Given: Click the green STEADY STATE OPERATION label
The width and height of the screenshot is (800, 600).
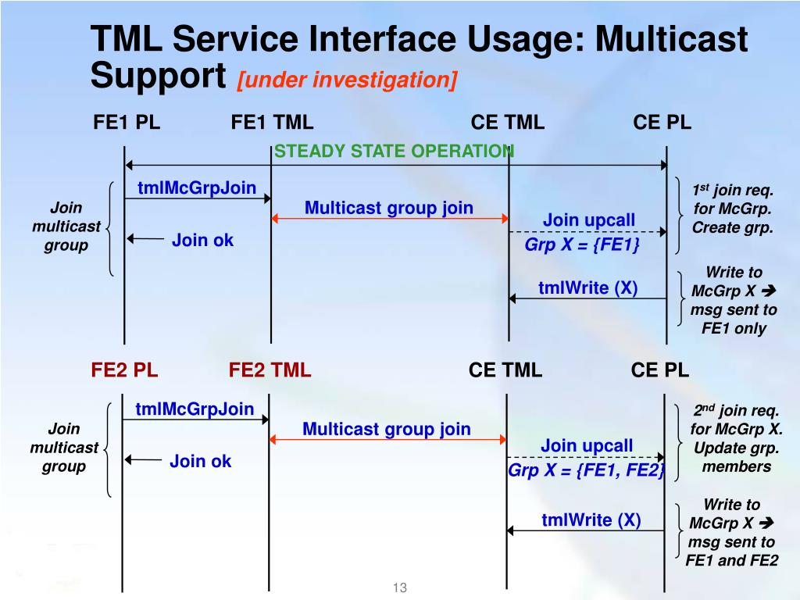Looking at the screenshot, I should [394, 151].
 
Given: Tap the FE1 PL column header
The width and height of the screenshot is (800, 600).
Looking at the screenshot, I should [127, 123].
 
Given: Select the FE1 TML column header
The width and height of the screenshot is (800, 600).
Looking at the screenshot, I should [272, 123].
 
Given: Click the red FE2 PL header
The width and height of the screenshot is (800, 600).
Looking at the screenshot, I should [124, 370].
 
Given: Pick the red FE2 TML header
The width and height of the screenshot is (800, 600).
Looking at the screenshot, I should [270, 370].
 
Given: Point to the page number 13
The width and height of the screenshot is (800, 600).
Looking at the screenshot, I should [400, 588].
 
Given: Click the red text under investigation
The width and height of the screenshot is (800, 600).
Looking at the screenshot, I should [348, 80].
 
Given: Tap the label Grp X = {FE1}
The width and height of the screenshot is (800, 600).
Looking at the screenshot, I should [582, 245].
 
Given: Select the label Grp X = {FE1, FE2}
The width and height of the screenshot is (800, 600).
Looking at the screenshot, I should [586, 470].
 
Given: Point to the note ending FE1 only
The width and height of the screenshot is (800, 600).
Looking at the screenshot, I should [734, 300].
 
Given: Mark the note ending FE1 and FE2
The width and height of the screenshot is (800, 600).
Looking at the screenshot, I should [732, 533].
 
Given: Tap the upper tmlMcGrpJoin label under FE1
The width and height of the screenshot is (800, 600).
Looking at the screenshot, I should [197, 187].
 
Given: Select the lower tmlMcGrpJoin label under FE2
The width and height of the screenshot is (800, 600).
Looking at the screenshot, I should [195, 409].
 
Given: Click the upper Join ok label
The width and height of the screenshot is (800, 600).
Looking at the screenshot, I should [202, 240].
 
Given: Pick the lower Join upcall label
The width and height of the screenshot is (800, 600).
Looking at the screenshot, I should [587, 446].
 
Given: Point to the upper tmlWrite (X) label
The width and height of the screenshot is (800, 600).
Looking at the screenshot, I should [587, 288].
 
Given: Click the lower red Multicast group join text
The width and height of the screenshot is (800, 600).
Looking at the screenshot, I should [387, 429].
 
